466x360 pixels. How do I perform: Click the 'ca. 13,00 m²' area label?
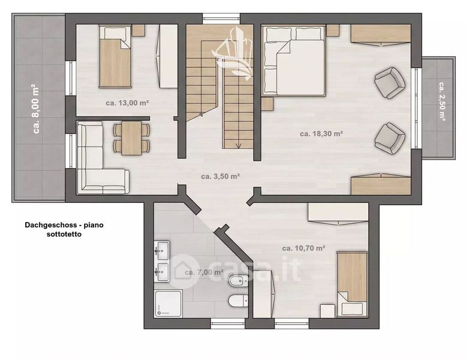click(127, 103)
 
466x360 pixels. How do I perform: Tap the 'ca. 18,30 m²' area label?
click(321, 134)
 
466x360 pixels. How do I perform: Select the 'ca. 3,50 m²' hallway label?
click(221, 176)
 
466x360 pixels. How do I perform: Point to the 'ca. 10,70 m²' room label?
click(303, 248)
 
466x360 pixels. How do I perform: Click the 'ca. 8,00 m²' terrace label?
click(36, 109)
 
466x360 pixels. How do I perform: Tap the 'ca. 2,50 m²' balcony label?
click(442, 101)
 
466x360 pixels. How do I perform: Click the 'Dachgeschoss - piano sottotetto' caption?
click(64, 229)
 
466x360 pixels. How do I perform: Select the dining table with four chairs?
click(131, 138)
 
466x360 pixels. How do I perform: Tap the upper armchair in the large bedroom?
click(390, 82)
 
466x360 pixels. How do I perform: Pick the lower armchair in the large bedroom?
click(390, 139)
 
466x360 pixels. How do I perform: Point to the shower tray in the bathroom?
click(168, 304)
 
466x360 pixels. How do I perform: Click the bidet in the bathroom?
click(238, 281)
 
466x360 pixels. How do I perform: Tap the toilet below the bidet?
click(238, 301)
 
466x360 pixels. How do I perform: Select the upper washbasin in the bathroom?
click(162, 251)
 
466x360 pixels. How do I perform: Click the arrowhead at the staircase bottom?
click(238, 146)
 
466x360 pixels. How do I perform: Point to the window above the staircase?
click(221, 18)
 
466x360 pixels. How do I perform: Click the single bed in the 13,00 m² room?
click(115, 56)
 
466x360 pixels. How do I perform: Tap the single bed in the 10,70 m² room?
click(353, 284)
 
